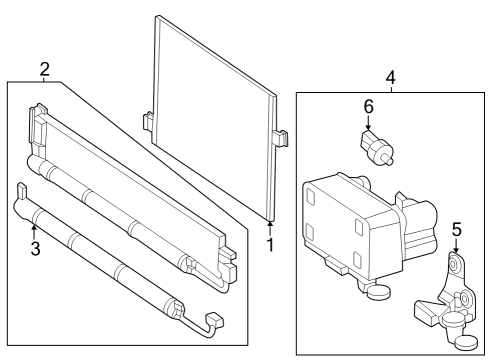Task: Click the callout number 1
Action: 270,245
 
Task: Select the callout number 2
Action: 45,69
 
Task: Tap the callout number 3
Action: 35,249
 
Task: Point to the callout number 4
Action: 391,77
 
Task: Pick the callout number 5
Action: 456,230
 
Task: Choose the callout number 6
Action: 368,107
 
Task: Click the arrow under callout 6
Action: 368,122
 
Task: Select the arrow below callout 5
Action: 456,245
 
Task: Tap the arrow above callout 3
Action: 33,232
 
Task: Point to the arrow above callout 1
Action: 270,229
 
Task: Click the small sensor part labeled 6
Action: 376,148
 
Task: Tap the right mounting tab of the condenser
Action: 281,138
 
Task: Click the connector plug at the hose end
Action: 215,320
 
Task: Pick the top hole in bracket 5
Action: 454,265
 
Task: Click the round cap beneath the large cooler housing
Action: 378,292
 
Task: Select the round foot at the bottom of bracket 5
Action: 466,343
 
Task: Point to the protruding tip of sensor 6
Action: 388,161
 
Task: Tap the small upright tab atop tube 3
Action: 21,191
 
